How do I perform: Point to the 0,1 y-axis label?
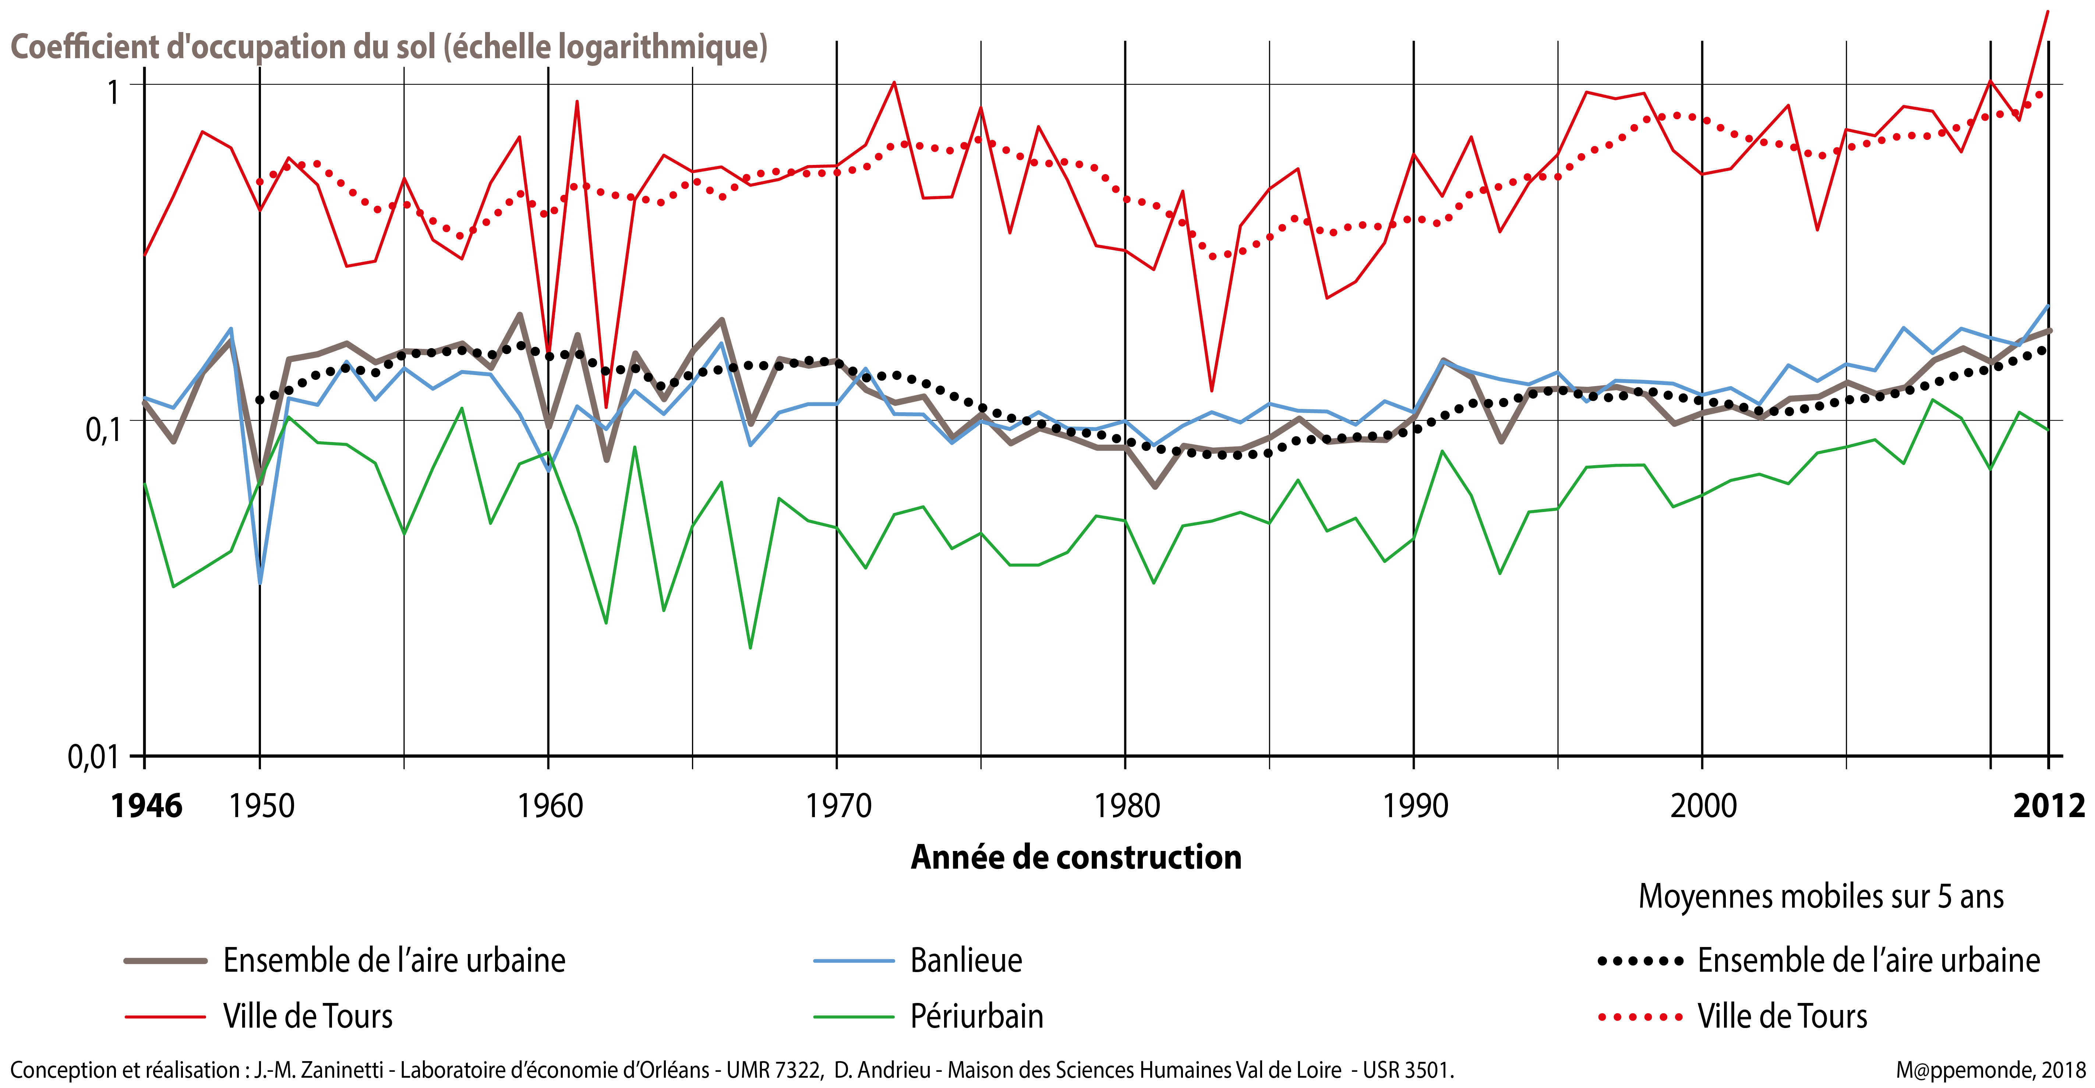(102, 428)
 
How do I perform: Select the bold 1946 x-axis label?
(146, 806)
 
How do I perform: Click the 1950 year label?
(261, 806)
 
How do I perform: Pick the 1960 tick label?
(551, 806)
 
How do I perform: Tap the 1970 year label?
(838, 806)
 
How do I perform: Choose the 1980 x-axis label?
(1127, 806)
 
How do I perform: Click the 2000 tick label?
(1704, 806)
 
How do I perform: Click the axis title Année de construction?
(1076, 857)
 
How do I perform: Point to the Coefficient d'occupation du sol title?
(389, 46)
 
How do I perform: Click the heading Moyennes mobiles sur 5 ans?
(1820, 896)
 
